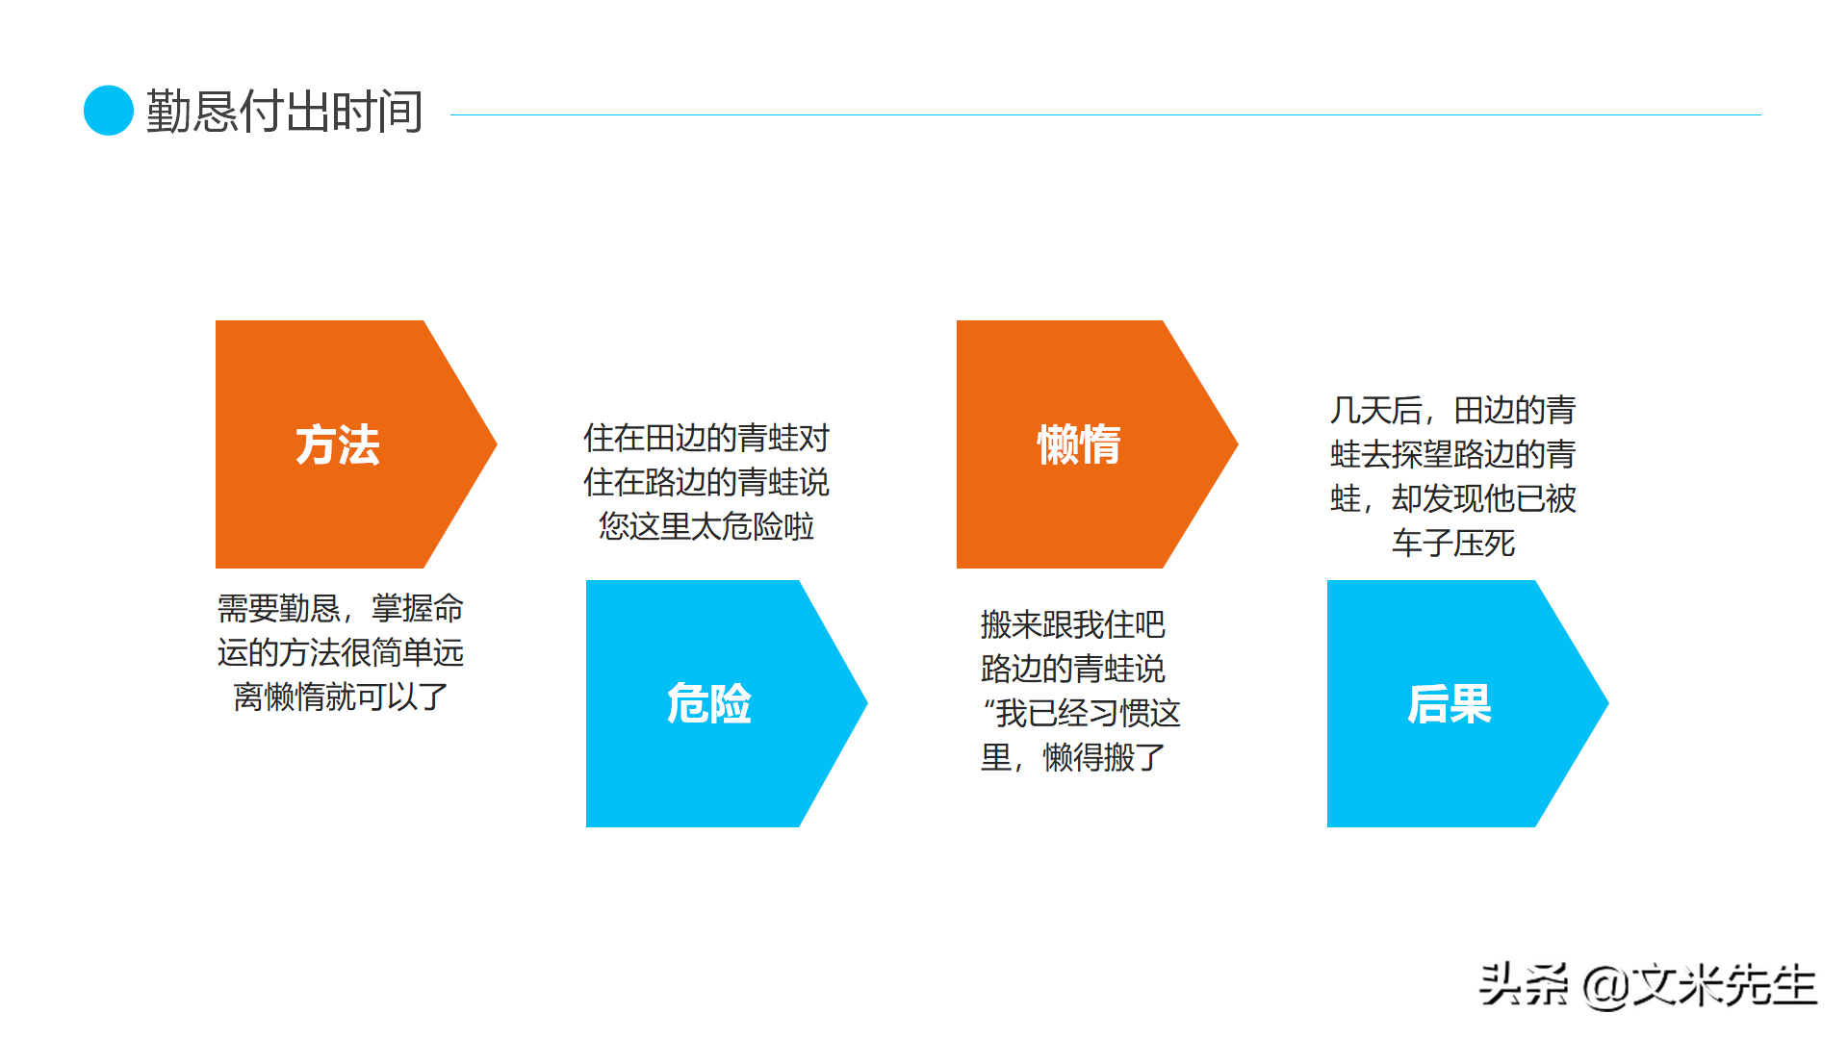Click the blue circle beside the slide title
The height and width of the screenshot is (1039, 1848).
click(x=109, y=111)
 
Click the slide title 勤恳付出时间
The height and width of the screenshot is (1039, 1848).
click(x=284, y=112)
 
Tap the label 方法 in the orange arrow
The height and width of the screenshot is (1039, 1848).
click(x=338, y=445)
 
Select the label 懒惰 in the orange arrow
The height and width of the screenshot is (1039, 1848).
click(x=1079, y=445)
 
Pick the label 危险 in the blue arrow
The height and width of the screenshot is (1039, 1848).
click(x=709, y=704)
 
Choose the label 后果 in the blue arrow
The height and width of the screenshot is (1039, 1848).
click(x=1450, y=704)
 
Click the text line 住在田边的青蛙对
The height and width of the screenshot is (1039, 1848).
click(x=706, y=439)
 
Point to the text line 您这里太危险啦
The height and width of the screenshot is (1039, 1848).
click(x=706, y=527)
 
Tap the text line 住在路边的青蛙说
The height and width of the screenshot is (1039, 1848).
click(x=706, y=483)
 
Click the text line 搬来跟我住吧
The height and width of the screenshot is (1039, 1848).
click(x=1072, y=625)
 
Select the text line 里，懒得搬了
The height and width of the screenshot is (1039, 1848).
click(x=1072, y=758)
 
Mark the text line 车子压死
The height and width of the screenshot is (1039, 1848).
click(x=1452, y=544)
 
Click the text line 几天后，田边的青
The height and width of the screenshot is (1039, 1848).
click(x=1452, y=411)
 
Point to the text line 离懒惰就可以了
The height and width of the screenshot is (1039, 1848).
click(x=341, y=697)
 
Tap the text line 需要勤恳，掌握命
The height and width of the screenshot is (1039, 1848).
click(x=341, y=609)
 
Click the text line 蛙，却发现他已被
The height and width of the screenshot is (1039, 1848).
click(x=1452, y=499)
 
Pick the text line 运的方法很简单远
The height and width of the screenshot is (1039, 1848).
click(x=341, y=653)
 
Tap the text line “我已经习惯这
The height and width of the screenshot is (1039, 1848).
click(x=1081, y=714)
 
